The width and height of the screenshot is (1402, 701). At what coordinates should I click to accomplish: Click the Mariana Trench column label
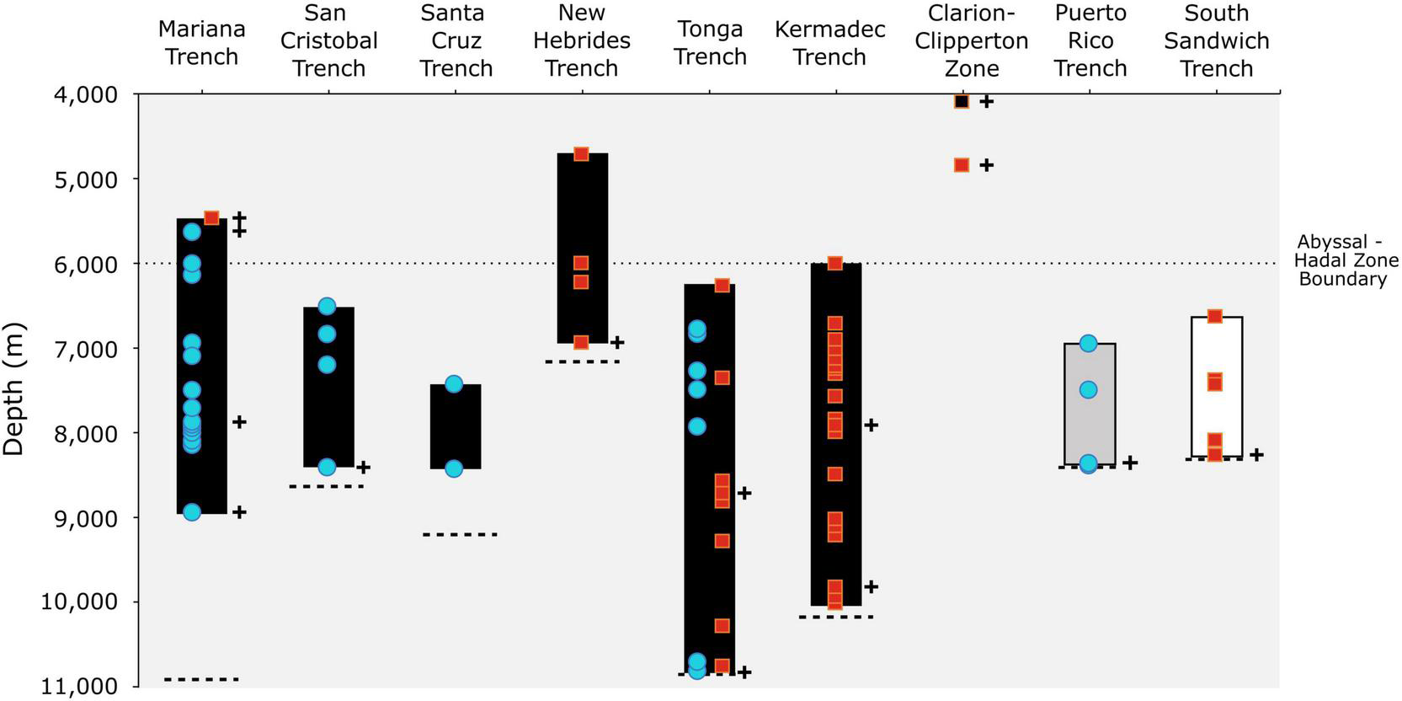point(202,42)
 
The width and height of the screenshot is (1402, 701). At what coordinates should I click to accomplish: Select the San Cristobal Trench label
point(328,40)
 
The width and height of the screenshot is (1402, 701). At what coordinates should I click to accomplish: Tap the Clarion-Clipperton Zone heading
point(972,40)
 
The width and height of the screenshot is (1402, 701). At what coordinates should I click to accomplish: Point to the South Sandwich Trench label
point(1216,40)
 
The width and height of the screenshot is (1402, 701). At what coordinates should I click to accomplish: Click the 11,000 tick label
point(81,687)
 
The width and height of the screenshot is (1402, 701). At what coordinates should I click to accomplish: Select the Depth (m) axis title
point(13,389)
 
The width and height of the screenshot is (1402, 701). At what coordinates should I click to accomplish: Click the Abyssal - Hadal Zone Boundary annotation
point(1345,260)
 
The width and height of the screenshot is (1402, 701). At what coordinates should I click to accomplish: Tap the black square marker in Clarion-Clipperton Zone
point(962,101)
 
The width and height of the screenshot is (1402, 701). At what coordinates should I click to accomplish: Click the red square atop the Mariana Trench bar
point(211,218)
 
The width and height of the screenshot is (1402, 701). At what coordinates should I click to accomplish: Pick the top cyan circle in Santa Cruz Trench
point(454,384)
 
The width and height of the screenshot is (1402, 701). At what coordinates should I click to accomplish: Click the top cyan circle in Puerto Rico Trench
point(1088,343)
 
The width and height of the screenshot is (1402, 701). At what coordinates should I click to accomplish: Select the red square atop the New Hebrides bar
point(581,154)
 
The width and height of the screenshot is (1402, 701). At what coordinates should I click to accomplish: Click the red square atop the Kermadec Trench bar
point(834,264)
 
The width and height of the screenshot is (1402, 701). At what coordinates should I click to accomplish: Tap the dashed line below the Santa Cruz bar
point(460,534)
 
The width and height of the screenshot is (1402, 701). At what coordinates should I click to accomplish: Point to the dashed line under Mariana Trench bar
point(202,679)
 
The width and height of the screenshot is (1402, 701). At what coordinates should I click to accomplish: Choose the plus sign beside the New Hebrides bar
point(617,342)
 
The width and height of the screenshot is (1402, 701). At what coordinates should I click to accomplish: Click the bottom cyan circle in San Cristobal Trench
point(327,467)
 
